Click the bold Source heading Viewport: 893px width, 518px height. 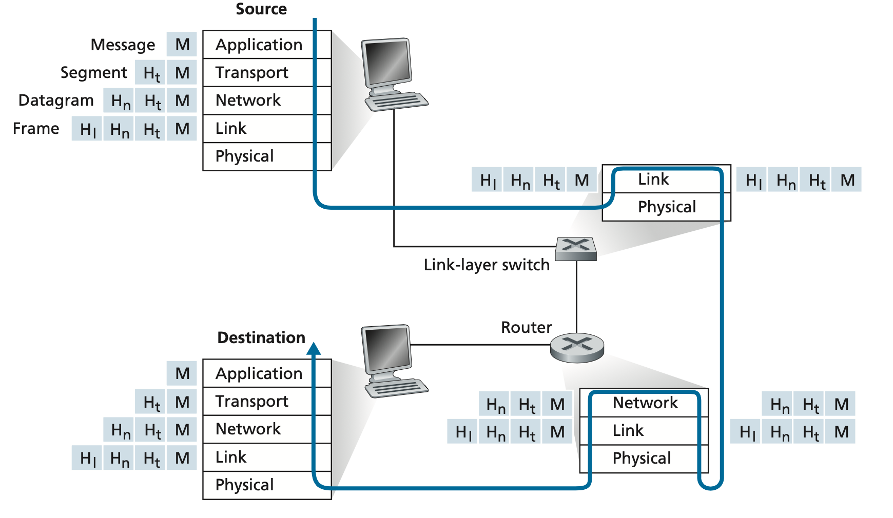261,9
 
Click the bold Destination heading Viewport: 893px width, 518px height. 261,337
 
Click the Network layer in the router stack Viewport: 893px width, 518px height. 645,403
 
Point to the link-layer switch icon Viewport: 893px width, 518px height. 576,249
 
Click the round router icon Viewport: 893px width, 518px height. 577,348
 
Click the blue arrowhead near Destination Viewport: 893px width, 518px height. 314,349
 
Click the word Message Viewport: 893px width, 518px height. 123,45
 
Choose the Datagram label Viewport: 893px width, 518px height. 56,100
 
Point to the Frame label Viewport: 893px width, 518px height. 36,128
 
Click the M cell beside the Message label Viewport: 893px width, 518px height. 182,45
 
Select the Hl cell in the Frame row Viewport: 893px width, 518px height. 87,129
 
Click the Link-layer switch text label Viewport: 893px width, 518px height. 487,265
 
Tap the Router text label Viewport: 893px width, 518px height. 526,327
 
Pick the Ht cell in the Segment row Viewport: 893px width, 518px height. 151,73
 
